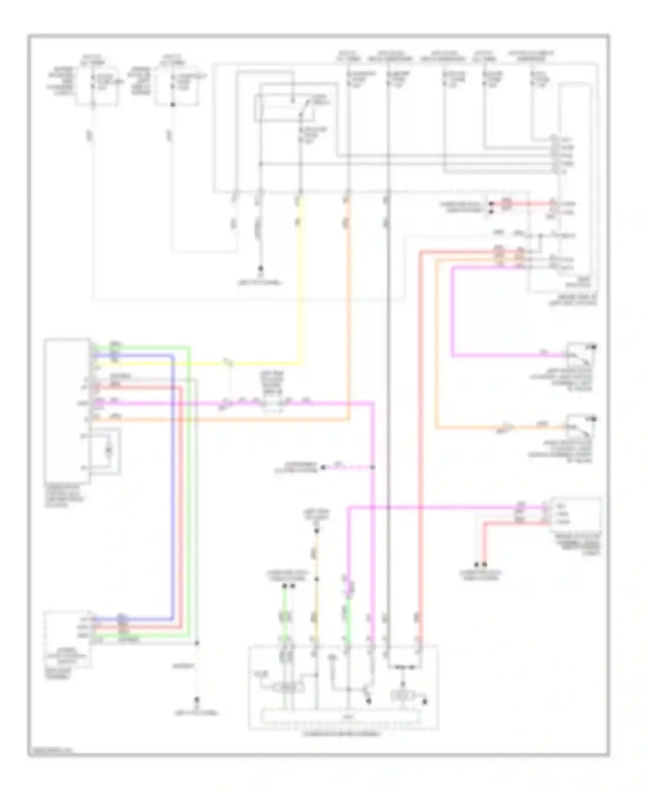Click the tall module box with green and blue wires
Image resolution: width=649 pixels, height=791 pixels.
67,411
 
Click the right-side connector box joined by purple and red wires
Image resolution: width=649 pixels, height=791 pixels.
575,515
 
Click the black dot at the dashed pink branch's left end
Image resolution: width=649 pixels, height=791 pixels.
322,467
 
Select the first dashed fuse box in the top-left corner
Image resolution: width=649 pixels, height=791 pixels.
96,86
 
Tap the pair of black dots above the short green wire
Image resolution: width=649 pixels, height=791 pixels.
289,587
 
